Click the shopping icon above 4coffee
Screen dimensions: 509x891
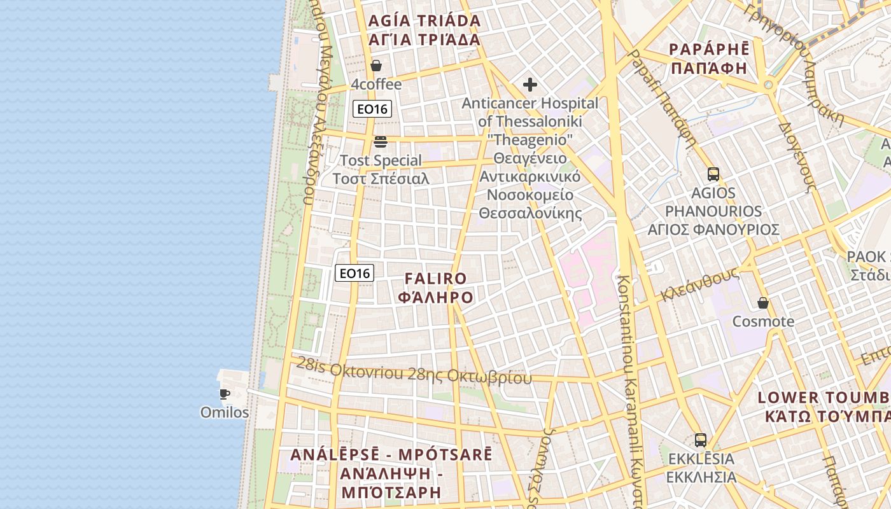pyautogui.click(x=376, y=66)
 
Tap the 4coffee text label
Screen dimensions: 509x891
pyautogui.click(x=376, y=85)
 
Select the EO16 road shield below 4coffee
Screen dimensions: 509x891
pyautogui.click(x=372, y=109)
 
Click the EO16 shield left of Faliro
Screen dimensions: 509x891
pyautogui.click(x=354, y=274)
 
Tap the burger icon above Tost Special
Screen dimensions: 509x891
pyautogui.click(x=381, y=141)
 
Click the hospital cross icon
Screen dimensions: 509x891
pyautogui.click(x=530, y=85)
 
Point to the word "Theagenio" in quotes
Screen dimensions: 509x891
pyautogui.click(x=530, y=139)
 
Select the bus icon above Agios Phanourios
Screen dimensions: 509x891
pyautogui.click(x=713, y=174)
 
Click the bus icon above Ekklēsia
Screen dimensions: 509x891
pyautogui.click(x=701, y=440)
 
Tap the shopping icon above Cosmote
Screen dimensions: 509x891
pyautogui.click(x=762, y=303)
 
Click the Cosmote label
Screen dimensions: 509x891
pyautogui.click(x=763, y=321)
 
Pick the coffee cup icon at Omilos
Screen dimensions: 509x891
pyautogui.click(x=224, y=394)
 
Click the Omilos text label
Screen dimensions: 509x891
pyautogui.click(x=225, y=412)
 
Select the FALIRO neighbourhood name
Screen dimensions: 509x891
pyautogui.click(x=435, y=279)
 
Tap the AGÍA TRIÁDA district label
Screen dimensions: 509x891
pyautogui.click(x=424, y=21)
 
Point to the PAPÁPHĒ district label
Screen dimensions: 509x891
pyautogui.click(x=709, y=50)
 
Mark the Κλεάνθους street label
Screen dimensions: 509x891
pyautogui.click(x=699, y=284)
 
